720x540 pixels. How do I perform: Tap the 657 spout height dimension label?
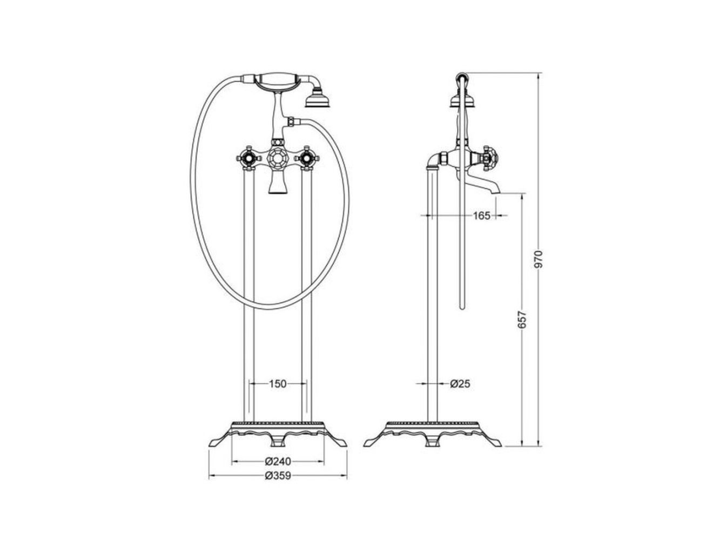pyautogui.click(x=521, y=319)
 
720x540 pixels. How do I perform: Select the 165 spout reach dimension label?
pyautogui.click(x=481, y=216)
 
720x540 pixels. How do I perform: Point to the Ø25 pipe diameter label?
pyautogui.click(x=460, y=383)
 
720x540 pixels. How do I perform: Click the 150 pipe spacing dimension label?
pyautogui.click(x=278, y=383)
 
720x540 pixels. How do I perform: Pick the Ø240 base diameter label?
pyautogui.click(x=278, y=461)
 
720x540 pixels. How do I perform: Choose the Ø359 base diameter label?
pyautogui.click(x=278, y=476)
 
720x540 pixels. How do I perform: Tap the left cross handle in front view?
pyautogui.click(x=248, y=158)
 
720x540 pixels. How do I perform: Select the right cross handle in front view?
pyautogui.click(x=307, y=158)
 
